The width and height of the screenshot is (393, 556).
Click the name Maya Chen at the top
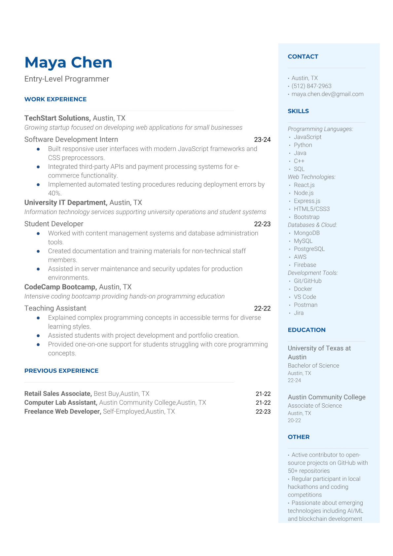pos(68,62)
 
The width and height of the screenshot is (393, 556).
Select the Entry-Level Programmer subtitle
pos(67,79)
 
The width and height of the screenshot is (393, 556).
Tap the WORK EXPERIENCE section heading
pos(55,99)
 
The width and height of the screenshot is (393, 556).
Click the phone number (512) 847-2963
pos(311,86)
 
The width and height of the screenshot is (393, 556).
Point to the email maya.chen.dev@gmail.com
pos(327,94)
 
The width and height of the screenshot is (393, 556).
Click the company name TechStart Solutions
pos(57,118)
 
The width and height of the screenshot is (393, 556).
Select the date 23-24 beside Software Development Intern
pos(262,140)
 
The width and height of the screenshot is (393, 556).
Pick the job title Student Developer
pos(54,224)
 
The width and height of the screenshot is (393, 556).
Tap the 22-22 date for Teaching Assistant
pos(262,309)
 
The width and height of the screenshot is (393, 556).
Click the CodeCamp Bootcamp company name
pos(60,287)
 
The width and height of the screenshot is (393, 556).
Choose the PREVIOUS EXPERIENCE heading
pos(61,371)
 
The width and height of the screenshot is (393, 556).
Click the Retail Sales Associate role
pos(58,394)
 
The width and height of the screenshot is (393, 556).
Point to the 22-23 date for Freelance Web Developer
pos(263,412)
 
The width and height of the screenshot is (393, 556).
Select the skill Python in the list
pos(303,145)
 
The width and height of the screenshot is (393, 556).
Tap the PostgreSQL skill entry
pos(309,249)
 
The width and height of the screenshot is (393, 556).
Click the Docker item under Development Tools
pos(303,289)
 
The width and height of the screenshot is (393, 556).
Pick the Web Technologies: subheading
pos(311,177)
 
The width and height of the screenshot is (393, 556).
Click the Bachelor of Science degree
pos(313,366)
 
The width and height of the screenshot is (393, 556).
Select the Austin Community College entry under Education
pos(327,397)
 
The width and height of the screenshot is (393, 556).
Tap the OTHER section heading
pos(299,437)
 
